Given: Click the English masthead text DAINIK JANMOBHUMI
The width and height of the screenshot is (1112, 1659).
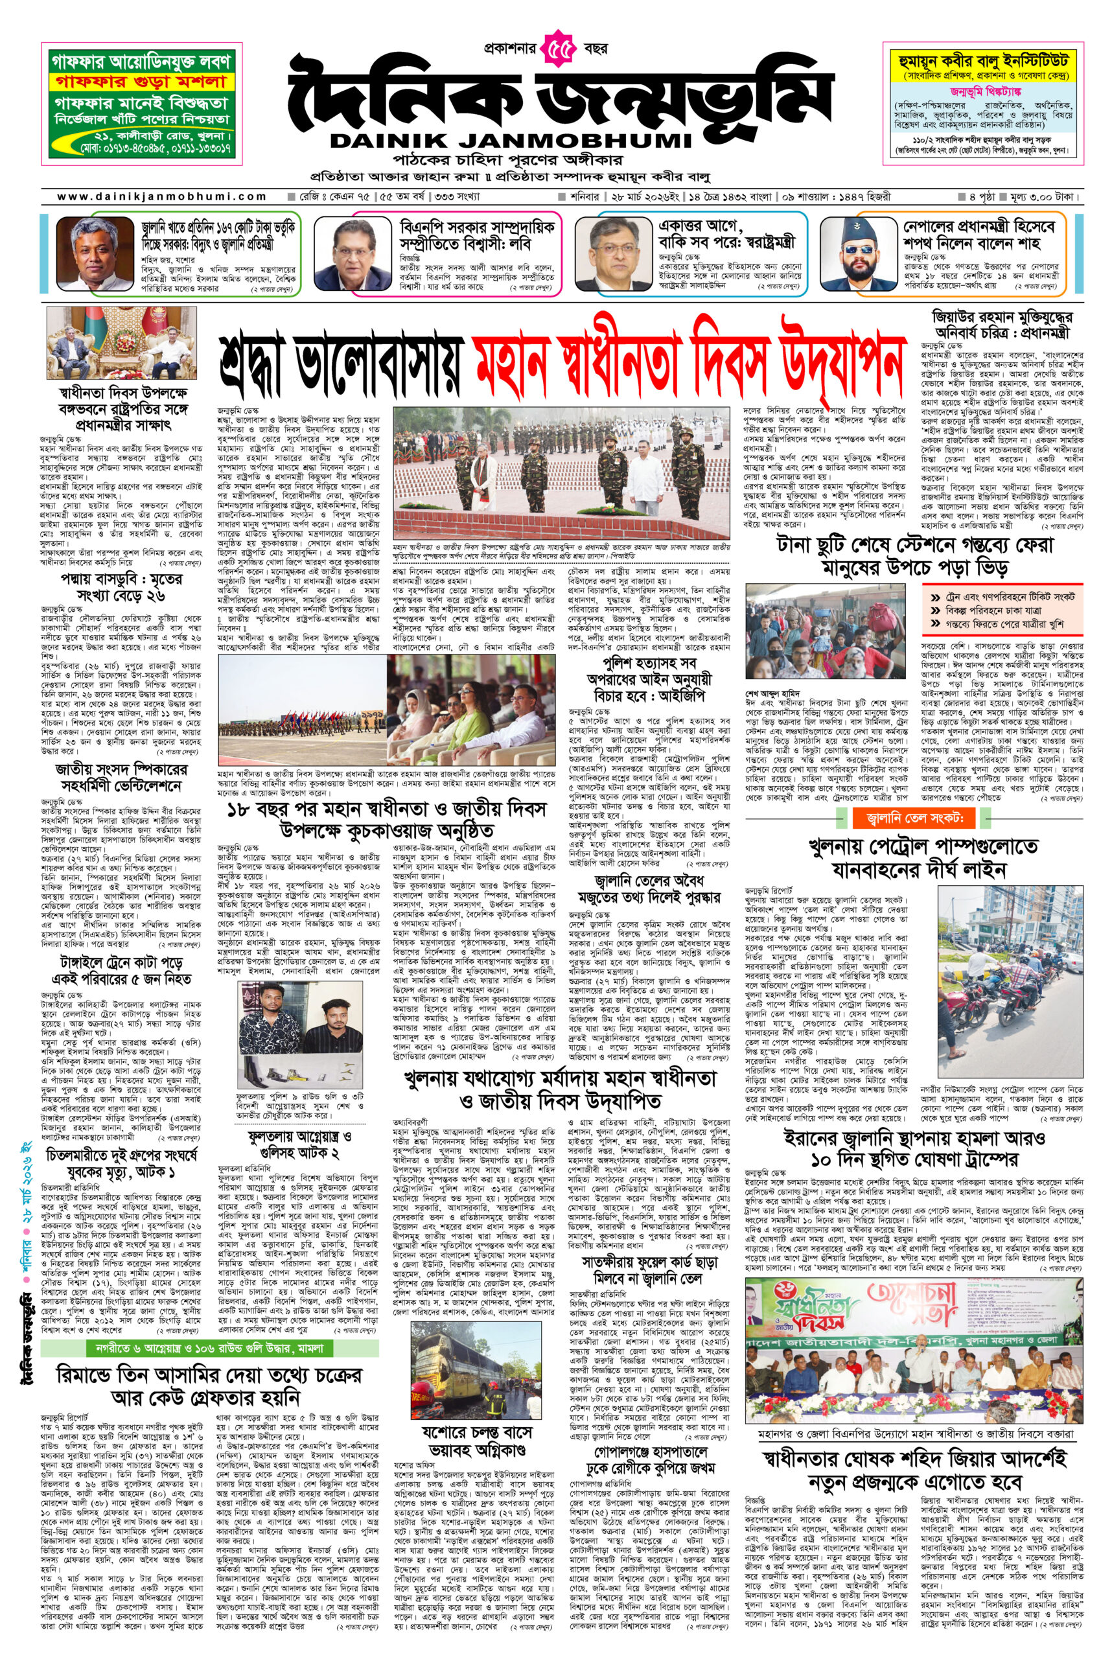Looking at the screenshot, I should [510, 141].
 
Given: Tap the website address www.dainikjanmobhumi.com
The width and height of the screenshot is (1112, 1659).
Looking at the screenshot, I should [162, 196].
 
